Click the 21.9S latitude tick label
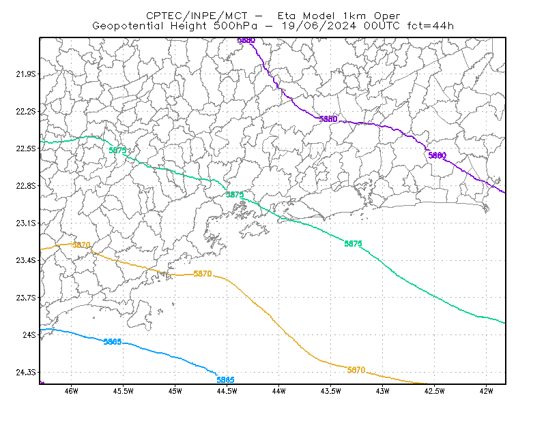pyautogui.click(x=26, y=74)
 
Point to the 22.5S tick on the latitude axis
pyautogui.click(x=26, y=149)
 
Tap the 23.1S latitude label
pyautogui.click(x=26, y=223)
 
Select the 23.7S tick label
pyautogui.click(x=26, y=298)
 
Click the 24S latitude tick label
pyautogui.click(x=29, y=334)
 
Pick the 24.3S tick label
pyautogui.click(x=26, y=373)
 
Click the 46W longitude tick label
pyautogui.click(x=72, y=391)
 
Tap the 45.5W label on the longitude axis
pyautogui.click(x=124, y=391)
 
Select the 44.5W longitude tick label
pyautogui.click(x=227, y=391)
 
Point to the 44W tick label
pyautogui.click(x=279, y=391)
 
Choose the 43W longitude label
pyautogui.click(x=383, y=391)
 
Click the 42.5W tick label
pyautogui.click(x=435, y=391)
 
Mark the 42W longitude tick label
pyautogui.click(x=487, y=391)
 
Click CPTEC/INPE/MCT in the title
pyautogui.click(x=197, y=16)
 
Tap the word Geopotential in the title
pyautogui.click(x=128, y=26)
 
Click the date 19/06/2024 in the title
pyautogui.click(x=319, y=26)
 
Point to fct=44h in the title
pyautogui.click(x=431, y=26)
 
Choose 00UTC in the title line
pyautogui.click(x=382, y=26)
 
